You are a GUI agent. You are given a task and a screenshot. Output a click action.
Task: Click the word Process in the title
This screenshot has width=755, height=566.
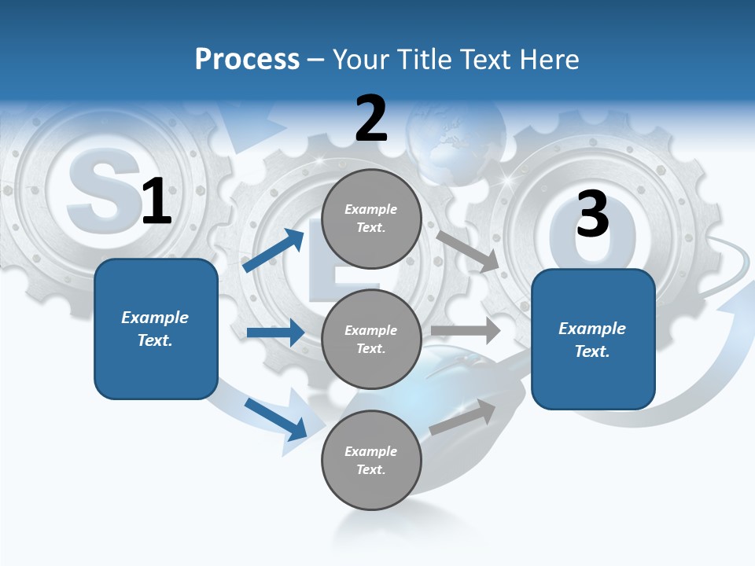point(247,59)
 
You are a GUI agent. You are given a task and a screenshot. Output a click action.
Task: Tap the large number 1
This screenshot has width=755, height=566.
point(157,202)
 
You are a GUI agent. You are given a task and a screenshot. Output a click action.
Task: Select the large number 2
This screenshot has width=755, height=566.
point(371,119)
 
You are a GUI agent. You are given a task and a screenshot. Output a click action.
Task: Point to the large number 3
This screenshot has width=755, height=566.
point(592,214)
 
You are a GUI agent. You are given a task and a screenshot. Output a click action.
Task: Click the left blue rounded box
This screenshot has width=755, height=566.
point(156,329)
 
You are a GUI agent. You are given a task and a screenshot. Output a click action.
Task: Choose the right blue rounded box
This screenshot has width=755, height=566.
point(593,339)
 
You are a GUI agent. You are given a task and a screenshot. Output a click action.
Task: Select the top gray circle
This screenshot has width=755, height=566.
point(371,219)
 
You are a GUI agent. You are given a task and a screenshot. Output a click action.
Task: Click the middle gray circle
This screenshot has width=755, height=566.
point(371,339)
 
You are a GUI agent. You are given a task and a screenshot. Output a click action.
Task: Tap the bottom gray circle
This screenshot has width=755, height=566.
point(371,460)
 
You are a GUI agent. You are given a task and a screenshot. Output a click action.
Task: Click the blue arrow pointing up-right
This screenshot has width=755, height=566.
point(274,251)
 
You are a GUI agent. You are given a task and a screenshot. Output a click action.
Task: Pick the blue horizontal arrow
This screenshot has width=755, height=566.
point(274,333)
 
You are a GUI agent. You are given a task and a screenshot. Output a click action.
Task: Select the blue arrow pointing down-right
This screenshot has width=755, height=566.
point(275,418)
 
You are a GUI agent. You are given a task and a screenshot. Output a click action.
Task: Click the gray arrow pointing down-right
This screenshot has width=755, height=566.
point(467,251)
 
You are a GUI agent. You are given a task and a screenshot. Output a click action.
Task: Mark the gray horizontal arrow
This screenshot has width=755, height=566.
point(466,330)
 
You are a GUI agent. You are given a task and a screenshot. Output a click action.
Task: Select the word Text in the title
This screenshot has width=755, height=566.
point(488,59)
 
